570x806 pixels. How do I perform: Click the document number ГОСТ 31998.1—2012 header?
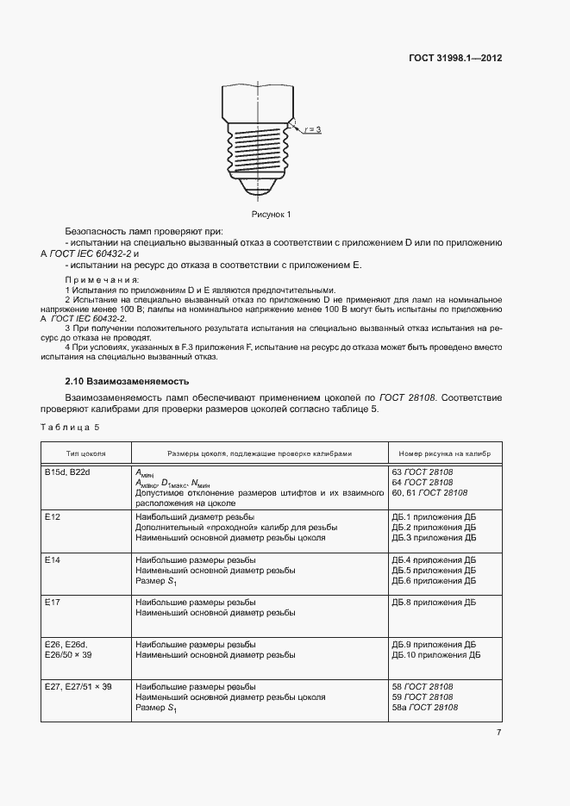coord(454,59)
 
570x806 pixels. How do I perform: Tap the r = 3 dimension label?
coord(312,129)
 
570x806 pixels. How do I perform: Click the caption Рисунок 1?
coord(272,214)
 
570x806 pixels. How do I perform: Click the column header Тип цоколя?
coord(86,453)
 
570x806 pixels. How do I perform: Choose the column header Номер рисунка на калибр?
coord(444,453)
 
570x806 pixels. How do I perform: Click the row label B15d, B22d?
coord(69,472)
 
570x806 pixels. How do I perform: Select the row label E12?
coord(52,516)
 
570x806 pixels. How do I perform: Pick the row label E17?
coord(52,602)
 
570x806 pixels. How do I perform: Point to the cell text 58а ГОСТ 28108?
coord(424,708)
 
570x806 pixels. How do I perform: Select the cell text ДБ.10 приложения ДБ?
coord(436,655)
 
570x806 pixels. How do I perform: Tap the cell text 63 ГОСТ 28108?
coord(423,472)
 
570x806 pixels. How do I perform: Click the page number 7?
coord(498,734)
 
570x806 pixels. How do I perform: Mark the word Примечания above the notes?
coord(102,280)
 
